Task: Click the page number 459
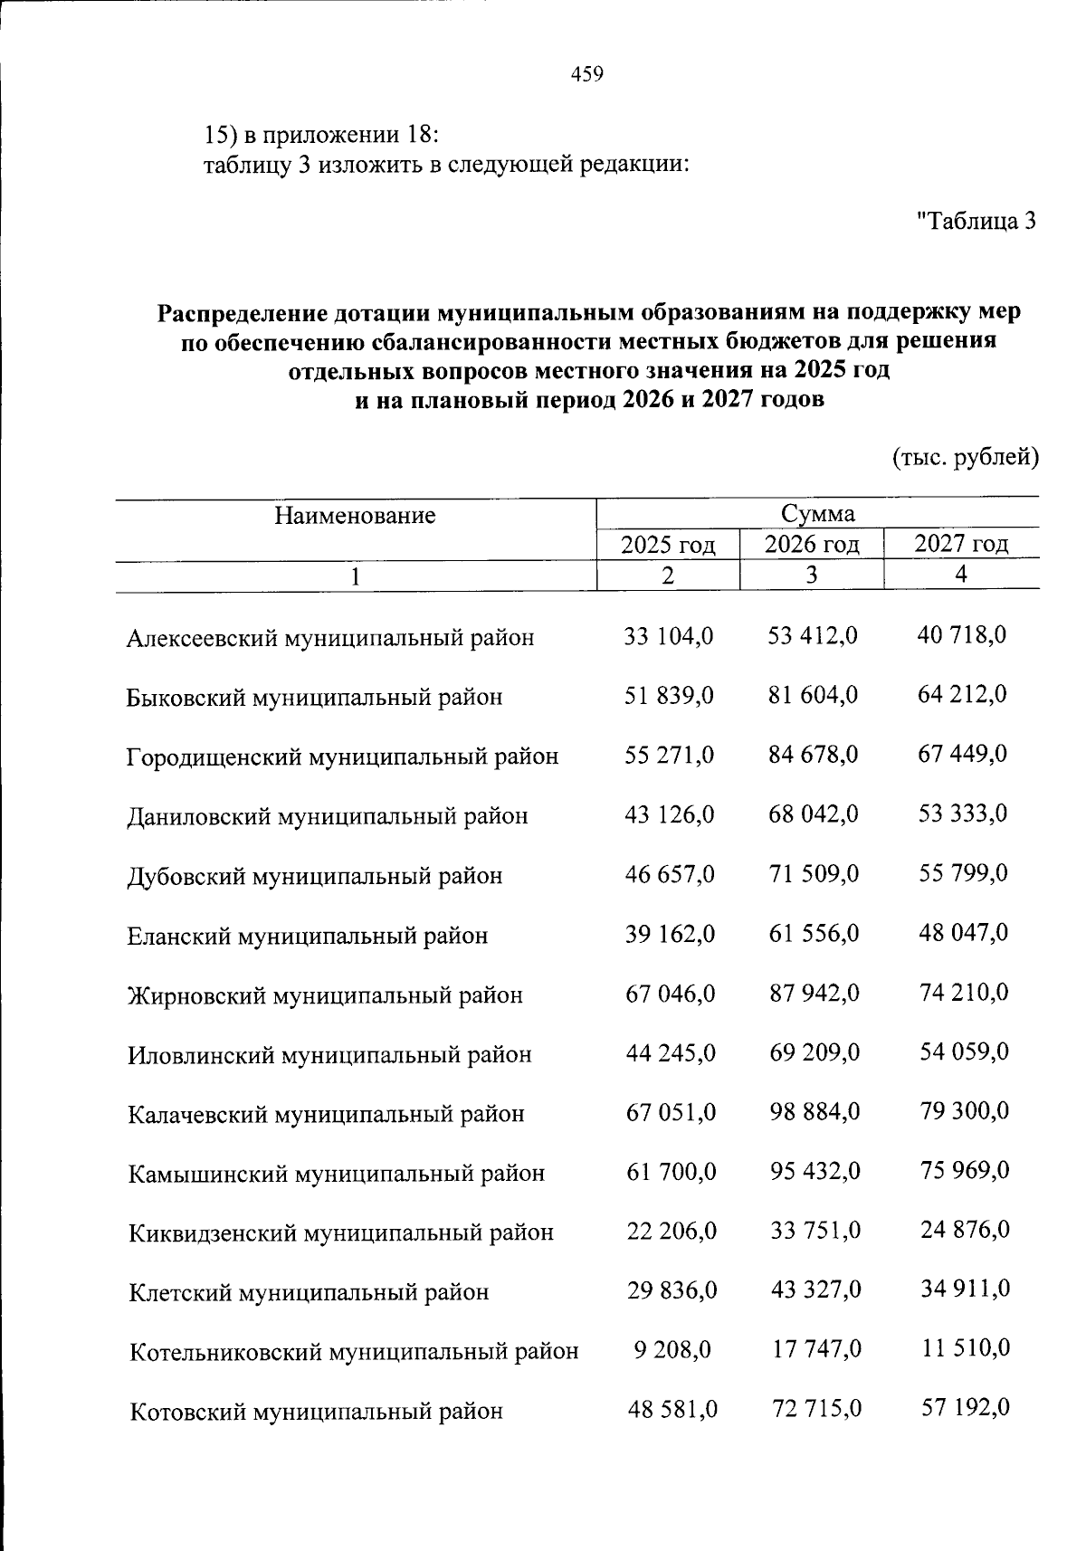tap(587, 75)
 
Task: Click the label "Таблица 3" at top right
tap(976, 220)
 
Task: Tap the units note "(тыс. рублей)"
tap(966, 458)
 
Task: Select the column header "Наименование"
tap(355, 516)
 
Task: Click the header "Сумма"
tap(818, 514)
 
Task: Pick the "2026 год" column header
tap(812, 545)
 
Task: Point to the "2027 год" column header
tap(961, 544)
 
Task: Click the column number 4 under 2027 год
tap(961, 575)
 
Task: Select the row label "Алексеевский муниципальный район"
tap(330, 638)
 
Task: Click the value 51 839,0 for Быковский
tap(670, 695)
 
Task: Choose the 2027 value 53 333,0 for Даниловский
tap(962, 813)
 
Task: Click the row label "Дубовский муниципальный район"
tap(315, 876)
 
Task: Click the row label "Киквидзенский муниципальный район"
tap(341, 1232)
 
